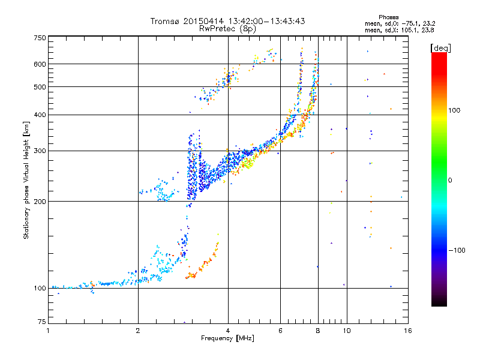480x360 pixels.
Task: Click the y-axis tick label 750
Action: (x=40, y=37)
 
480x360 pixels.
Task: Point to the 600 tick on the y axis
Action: (x=40, y=64)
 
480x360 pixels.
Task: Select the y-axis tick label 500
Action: (x=40, y=87)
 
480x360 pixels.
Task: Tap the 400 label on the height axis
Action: (x=40, y=115)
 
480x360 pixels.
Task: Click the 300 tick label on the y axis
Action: (x=40, y=151)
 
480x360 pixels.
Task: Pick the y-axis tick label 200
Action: (x=40, y=202)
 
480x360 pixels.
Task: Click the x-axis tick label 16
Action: (x=407, y=331)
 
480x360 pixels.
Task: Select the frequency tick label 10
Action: (x=346, y=331)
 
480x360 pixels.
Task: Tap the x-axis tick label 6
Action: (x=280, y=331)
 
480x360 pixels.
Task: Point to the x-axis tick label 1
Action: (x=48, y=331)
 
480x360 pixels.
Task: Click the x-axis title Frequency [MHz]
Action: (x=227, y=338)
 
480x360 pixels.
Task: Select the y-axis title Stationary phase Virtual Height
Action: (x=26, y=179)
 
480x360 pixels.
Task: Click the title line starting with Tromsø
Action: (x=227, y=21)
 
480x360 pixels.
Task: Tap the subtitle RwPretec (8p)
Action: (x=227, y=28)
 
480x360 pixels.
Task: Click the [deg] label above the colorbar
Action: (x=441, y=47)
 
